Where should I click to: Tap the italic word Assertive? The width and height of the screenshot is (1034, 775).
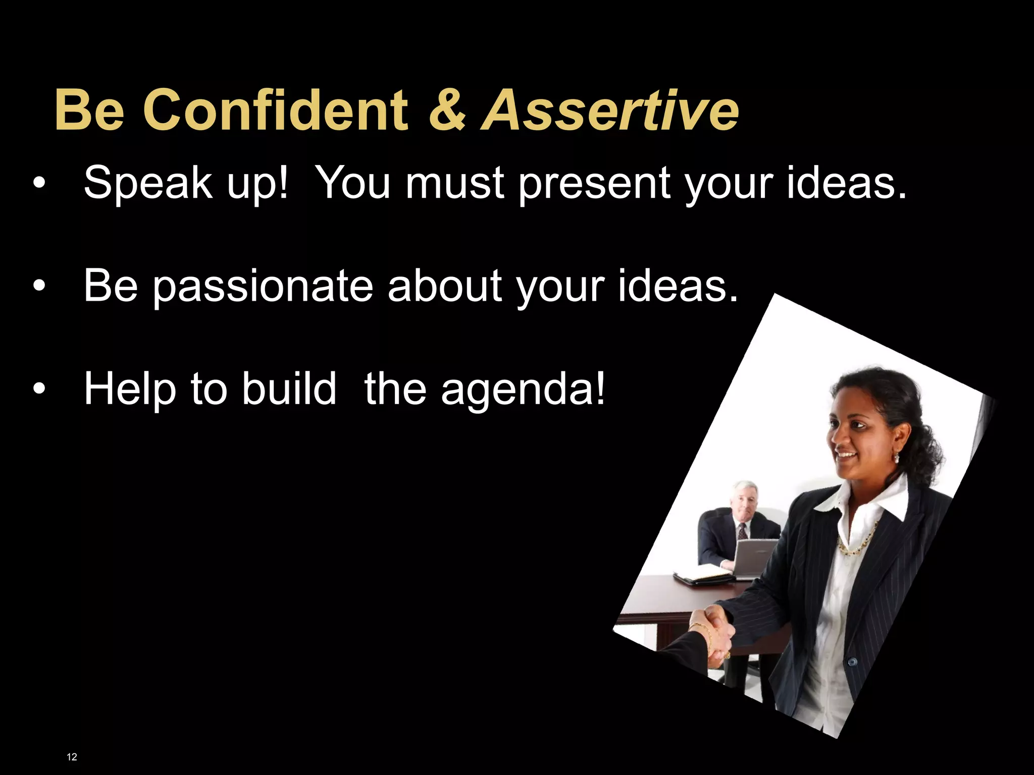click(x=610, y=109)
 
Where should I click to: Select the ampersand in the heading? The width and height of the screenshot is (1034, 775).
click(x=447, y=109)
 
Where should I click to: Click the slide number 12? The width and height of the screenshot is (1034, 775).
click(x=72, y=756)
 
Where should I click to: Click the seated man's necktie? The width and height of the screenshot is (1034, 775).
click(x=742, y=531)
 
